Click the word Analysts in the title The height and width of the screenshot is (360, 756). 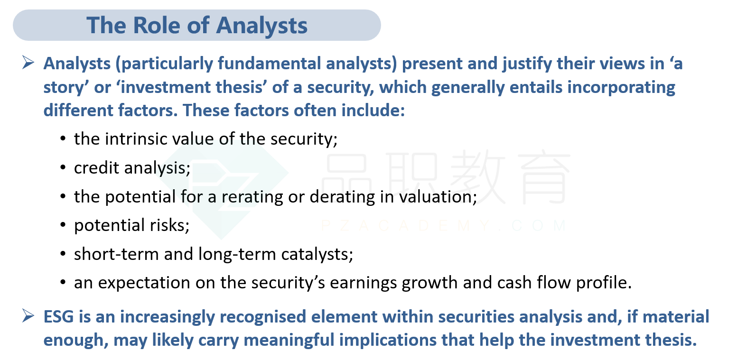[261, 26]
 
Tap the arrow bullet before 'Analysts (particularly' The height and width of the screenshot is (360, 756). [28, 63]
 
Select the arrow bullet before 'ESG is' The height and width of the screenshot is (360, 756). [28, 316]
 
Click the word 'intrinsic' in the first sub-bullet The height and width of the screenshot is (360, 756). [136, 138]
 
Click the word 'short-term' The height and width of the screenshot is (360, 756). [116, 254]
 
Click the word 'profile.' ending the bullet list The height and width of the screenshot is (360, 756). [604, 283]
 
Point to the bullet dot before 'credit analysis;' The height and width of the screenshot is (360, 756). [63, 168]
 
